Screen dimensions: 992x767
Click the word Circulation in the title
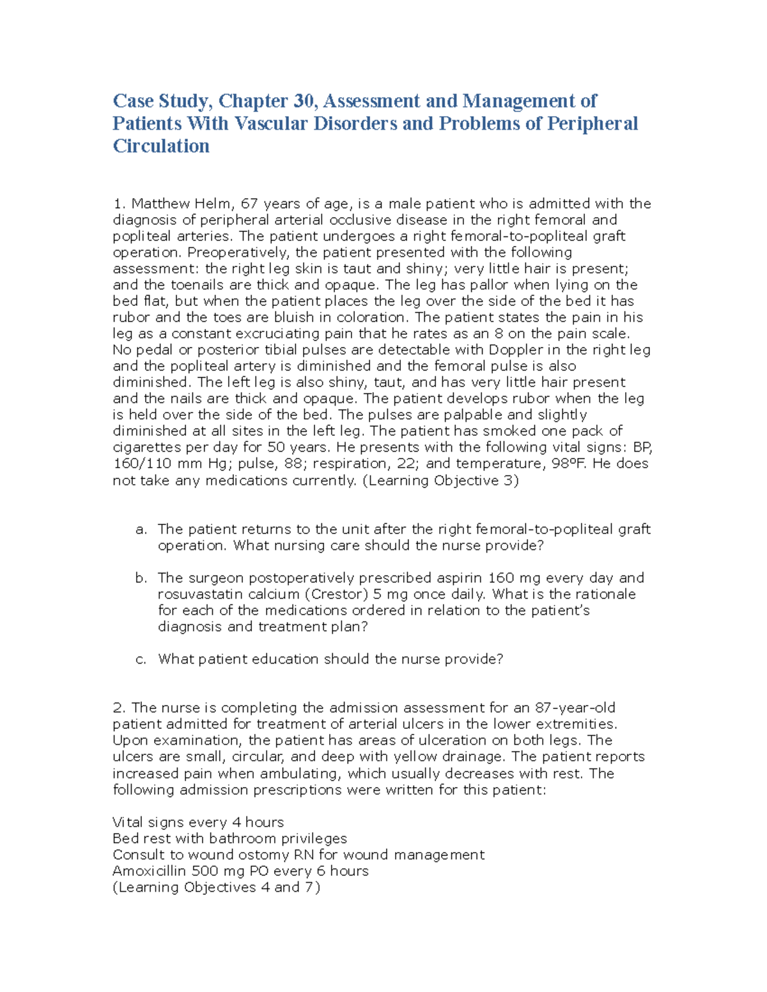(161, 146)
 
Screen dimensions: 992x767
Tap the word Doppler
(516, 350)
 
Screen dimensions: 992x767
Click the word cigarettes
(148, 447)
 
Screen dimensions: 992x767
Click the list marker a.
(141, 530)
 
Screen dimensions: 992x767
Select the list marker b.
(141, 578)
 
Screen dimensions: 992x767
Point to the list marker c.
(141, 659)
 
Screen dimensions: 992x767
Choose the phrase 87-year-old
(575, 708)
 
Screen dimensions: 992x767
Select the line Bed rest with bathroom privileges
(229, 839)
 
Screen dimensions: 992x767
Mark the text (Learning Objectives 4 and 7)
(216, 887)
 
